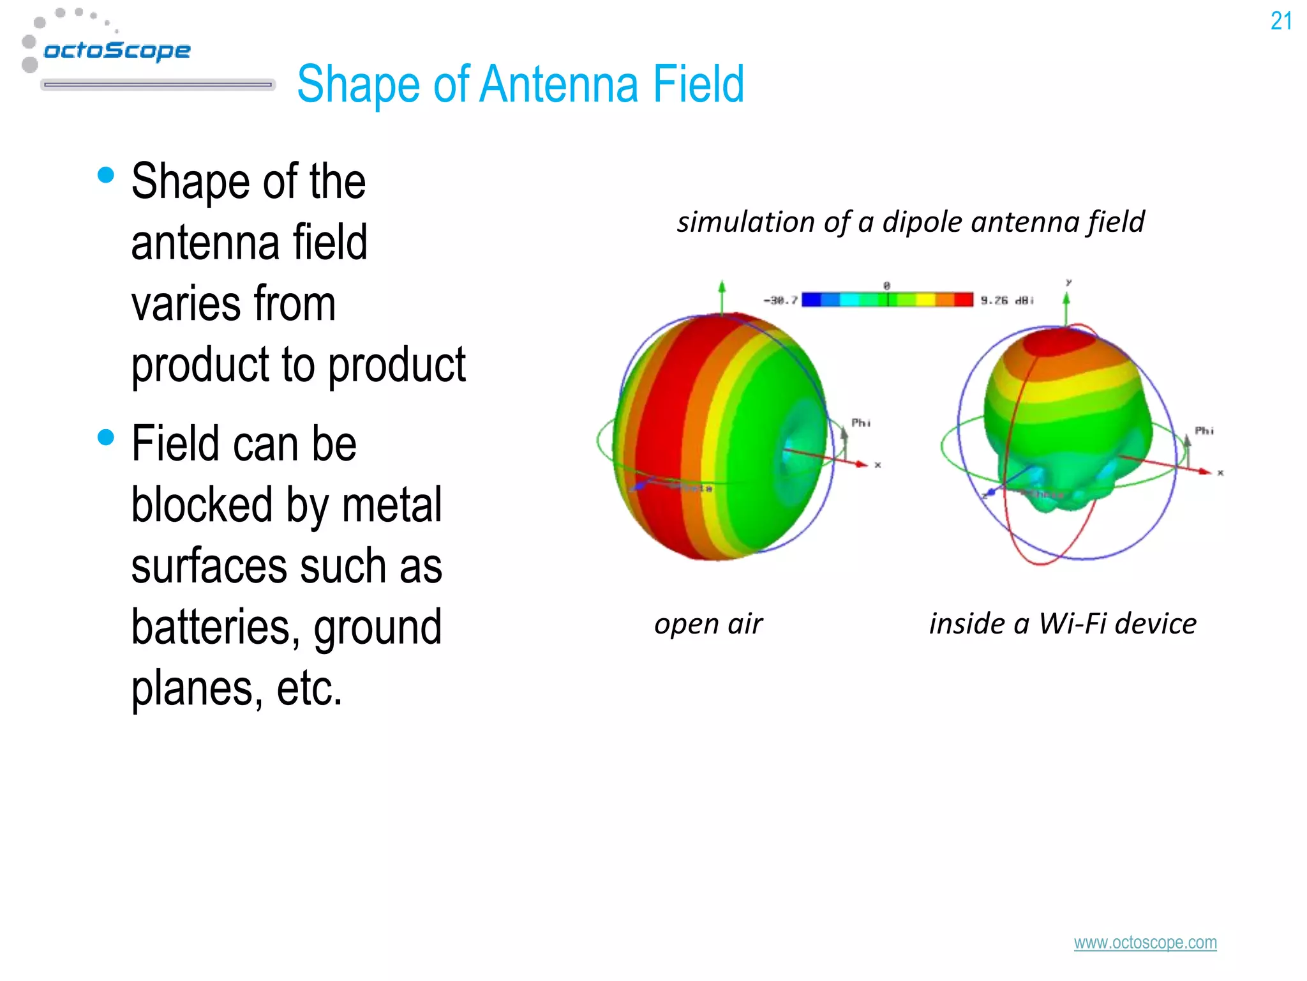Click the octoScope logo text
tap(117, 50)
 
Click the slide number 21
tap(1281, 21)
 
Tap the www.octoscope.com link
tap(1145, 943)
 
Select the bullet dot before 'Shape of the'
tap(106, 175)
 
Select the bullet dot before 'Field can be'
tap(106, 437)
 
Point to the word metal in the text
tap(391, 505)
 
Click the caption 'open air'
tap(708, 624)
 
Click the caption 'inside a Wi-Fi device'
tap(1063, 623)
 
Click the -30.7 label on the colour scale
tap(780, 300)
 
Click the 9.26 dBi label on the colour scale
tap(1006, 300)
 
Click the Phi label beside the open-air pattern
tap(860, 423)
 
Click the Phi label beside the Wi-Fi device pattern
tap(1204, 430)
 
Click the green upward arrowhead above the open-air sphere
tap(722, 286)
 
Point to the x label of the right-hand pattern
tap(1220, 473)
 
